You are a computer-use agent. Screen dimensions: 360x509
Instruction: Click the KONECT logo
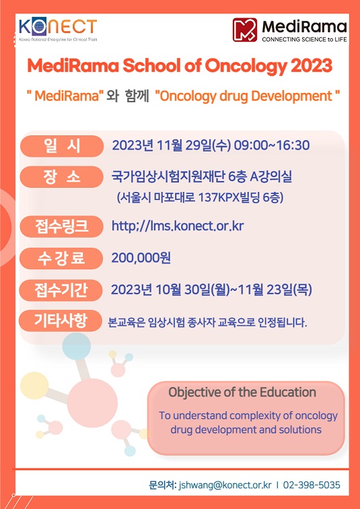58,29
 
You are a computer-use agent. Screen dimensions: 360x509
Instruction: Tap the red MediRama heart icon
245,30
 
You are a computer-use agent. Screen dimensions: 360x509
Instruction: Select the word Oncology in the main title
246,67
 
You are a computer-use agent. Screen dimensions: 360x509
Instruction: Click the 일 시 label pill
62,146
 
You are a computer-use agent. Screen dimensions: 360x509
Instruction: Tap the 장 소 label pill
62,177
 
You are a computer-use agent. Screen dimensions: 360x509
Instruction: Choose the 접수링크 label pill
62,226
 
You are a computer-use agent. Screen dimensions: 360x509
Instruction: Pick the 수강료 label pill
62,258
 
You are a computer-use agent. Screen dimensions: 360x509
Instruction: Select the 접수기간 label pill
62,290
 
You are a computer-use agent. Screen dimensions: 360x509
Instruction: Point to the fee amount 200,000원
141,258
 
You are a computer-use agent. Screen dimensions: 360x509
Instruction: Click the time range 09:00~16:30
272,145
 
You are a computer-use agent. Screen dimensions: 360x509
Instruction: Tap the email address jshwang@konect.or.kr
225,485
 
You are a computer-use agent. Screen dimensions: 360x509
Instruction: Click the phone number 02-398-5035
312,485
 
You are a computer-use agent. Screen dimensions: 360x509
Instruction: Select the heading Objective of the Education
242,392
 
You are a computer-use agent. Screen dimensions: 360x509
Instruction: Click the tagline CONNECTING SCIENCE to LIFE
304,40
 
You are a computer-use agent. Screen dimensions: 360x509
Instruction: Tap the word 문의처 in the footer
162,485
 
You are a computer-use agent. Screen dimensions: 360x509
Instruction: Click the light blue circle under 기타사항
77,346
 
